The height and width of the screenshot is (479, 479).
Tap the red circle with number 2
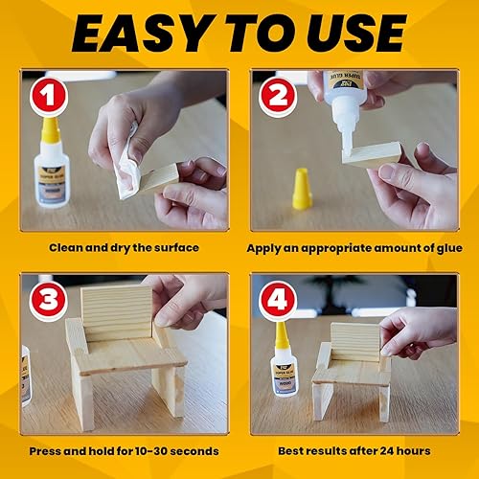(278, 98)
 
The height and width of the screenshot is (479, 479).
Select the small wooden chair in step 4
(351, 369)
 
